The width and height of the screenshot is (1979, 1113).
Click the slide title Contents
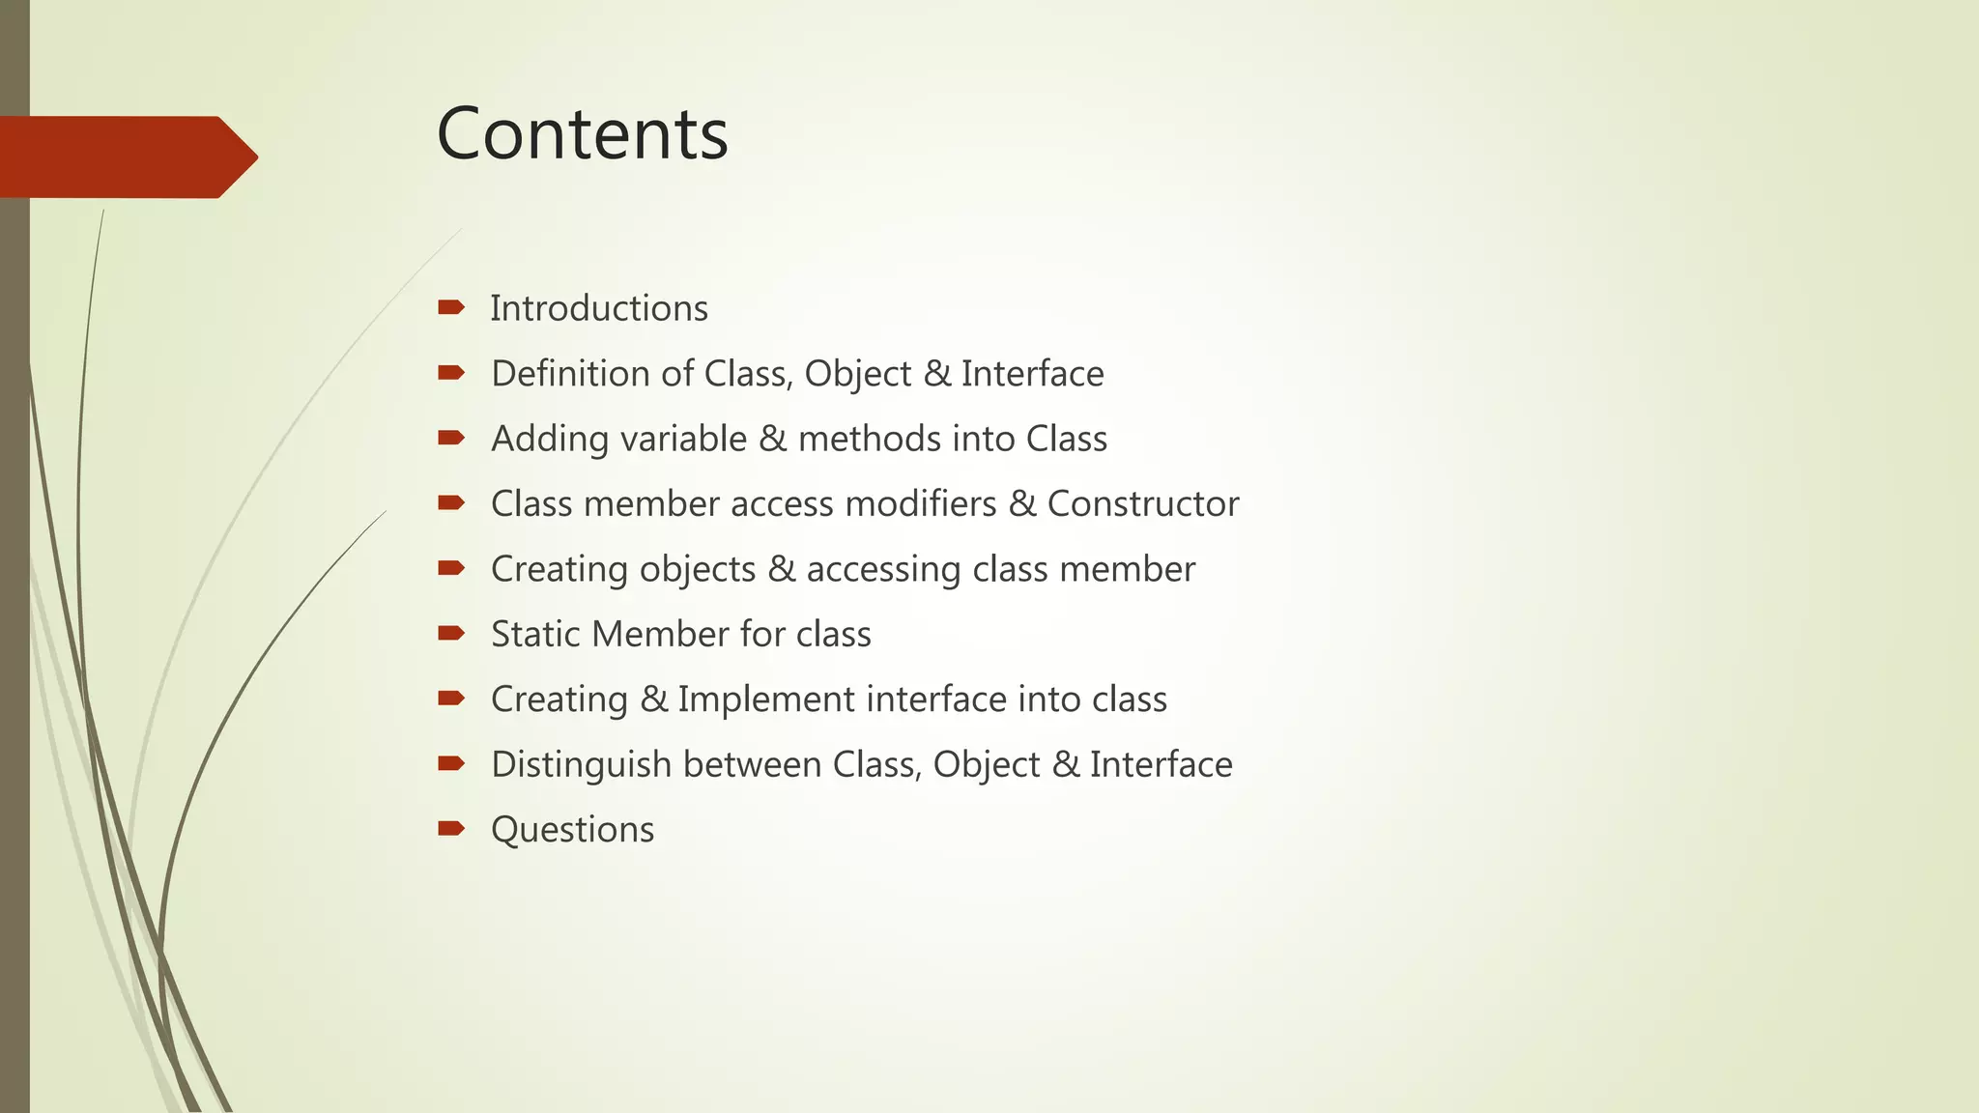pyautogui.click(x=582, y=133)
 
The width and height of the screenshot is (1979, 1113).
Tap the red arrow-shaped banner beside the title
pyautogui.click(x=126, y=157)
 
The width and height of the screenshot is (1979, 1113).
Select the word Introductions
pyautogui.click(x=598, y=308)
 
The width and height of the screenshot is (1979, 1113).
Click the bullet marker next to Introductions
pyautogui.click(x=450, y=308)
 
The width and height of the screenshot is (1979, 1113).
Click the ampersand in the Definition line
pyautogui.click(x=935, y=374)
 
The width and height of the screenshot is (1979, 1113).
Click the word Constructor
pyautogui.click(x=1142, y=503)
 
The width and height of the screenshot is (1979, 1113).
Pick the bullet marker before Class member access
pyautogui.click(x=450, y=502)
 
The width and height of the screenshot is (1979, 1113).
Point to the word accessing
pyautogui.click(x=883, y=569)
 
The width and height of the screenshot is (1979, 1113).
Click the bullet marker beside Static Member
pyautogui.click(x=450, y=633)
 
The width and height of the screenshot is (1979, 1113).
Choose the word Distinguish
pyautogui.click(x=581, y=764)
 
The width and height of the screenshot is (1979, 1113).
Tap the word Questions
pyautogui.click(x=572, y=830)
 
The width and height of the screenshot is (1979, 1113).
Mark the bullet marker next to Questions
pyautogui.click(x=450, y=828)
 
